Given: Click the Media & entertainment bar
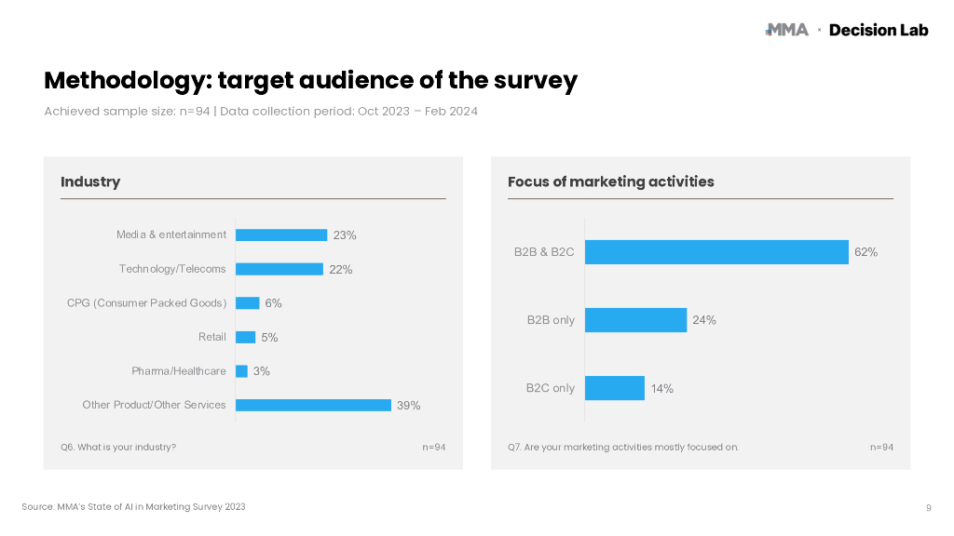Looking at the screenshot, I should tap(281, 235).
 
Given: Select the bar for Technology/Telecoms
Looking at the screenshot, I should tap(279, 269).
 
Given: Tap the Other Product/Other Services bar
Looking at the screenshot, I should tap(313, 405).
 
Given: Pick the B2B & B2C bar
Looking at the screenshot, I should tap(716, 252).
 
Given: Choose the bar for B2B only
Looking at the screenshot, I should tap(635, 320).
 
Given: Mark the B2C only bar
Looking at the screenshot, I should tap(615, 388).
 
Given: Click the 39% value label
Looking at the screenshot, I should tap(409, 406).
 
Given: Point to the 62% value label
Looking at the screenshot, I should tap(866, 252).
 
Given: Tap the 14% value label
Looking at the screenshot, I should tap(662, 389).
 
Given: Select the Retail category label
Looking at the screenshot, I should tap(212, 337).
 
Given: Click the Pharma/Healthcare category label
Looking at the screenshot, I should tap(179, 371).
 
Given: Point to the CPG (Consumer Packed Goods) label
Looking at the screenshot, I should tap(146, 303).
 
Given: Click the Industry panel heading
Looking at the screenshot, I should tap(90, 181).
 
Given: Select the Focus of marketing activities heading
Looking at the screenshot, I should tap(610, 181).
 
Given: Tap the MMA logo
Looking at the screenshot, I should tap(786, 30).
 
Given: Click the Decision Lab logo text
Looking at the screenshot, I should tap(879, 30).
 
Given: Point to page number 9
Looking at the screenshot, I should tap(929, 507).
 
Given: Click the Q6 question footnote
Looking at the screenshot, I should tap(118, 448).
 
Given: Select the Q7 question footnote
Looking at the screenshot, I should tap(623, 448).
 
